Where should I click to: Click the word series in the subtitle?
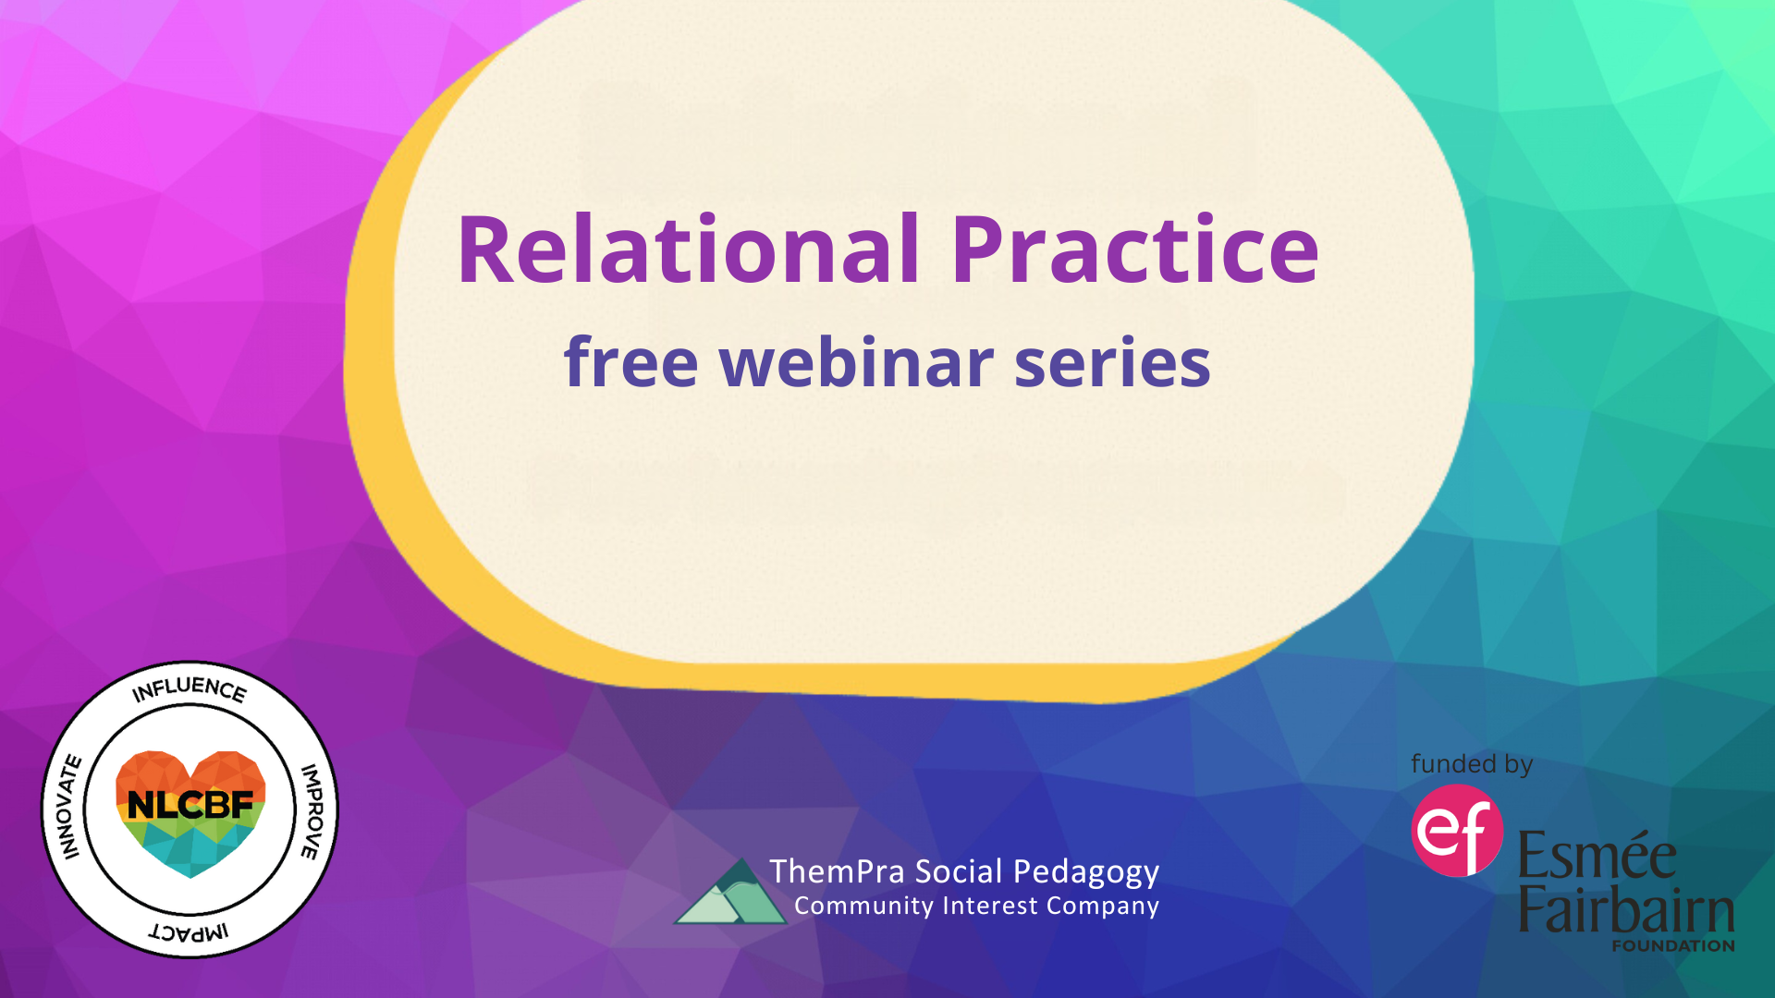click(1112, 362)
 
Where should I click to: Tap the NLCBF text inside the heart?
click(190, 805)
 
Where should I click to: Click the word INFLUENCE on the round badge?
click(190, 688)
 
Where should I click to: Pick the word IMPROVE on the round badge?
click(312, 811)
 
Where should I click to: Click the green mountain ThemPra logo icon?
click(730, 891)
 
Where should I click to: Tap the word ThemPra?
click(837, 871)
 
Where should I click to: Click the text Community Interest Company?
click(976, 906)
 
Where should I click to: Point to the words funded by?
click(1472, 764)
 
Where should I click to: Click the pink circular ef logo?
click(1457, 830)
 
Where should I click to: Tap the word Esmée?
click(1597, 854)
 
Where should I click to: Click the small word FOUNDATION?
click(1673, 945)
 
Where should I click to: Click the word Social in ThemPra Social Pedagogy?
click(959, 871)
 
